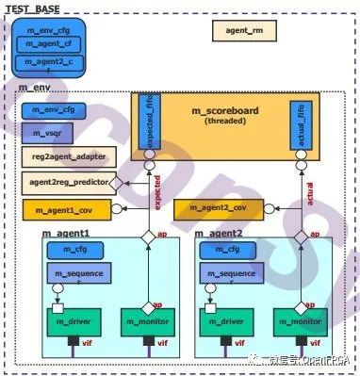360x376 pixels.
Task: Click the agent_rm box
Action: tap(244, 30)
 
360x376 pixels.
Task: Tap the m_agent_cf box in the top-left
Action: tap(47, 42)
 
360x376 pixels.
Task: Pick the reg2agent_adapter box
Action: tap(62, 157)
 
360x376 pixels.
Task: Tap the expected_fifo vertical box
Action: tap(146, 123)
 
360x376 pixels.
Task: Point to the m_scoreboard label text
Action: tap(225, 112)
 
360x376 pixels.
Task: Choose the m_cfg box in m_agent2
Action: tap(226, 250)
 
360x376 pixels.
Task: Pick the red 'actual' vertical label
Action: tap(310, 193)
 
